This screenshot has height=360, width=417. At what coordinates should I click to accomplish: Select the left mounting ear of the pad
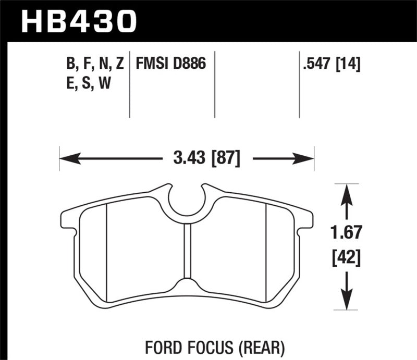70,219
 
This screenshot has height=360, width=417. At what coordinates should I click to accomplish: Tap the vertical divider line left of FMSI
129,86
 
